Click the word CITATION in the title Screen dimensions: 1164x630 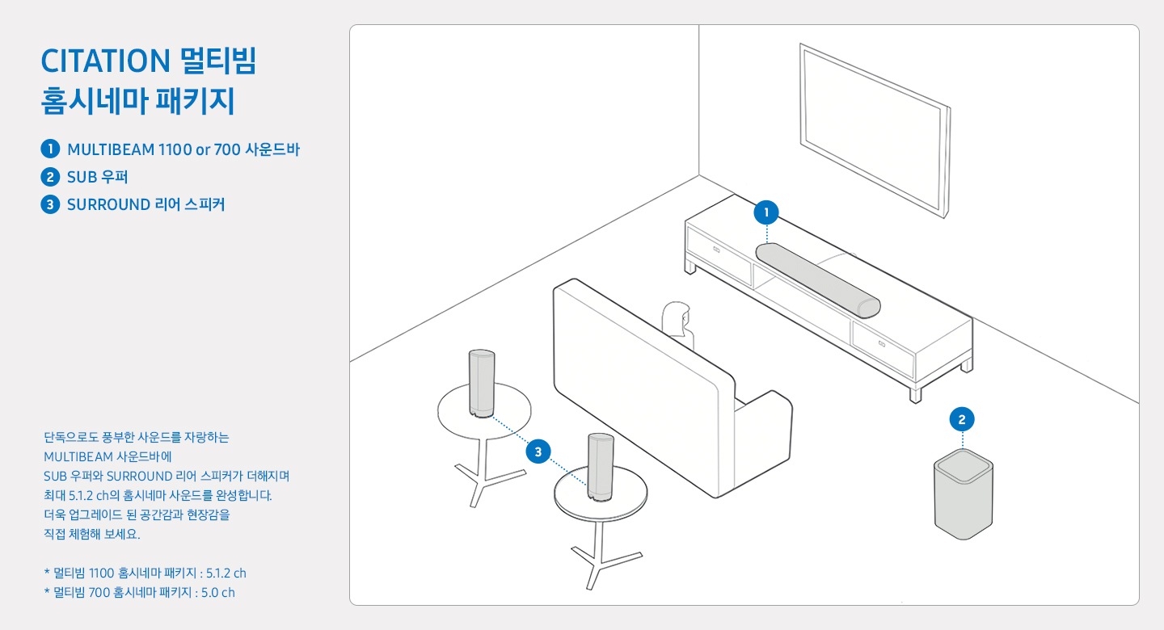105,61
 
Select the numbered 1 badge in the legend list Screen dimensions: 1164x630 50,149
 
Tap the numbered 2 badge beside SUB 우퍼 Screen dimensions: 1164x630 50,177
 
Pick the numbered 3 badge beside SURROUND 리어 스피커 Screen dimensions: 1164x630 50,204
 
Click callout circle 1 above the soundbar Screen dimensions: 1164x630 766,212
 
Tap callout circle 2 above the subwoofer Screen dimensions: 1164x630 962,419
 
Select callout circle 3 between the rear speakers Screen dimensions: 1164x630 538,451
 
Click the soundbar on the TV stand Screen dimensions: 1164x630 817,280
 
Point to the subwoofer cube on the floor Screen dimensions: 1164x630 964,494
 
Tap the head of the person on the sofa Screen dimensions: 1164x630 677,316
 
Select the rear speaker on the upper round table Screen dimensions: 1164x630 482,384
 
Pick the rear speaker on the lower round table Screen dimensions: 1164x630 601,467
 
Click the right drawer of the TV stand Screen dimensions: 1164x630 883,347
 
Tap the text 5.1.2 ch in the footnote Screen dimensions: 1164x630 226,573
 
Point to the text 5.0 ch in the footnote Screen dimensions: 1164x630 218,593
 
